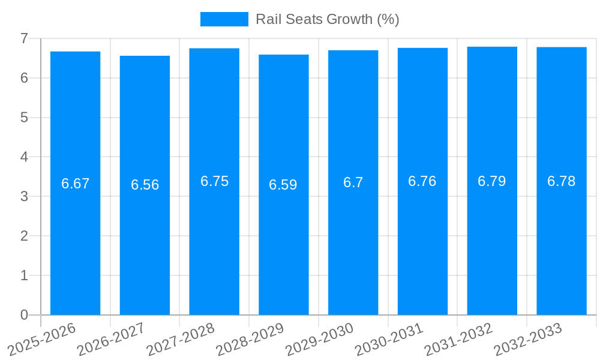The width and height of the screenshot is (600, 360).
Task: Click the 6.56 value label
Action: point(145,185)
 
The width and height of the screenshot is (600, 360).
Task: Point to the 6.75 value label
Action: point(214,181)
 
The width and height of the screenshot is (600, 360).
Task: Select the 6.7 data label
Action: point(353,182)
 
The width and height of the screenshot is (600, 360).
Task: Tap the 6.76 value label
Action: point(422,181)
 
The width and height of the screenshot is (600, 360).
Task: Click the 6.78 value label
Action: point(562,181)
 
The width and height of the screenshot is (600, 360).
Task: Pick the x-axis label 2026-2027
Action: point(111,340)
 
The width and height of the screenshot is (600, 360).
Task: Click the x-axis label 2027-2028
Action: point(181,340)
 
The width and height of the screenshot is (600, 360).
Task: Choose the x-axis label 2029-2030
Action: point(320,340)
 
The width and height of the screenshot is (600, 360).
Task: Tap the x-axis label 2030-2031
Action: point(389,340)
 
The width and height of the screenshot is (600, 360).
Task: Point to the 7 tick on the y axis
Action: point(24,38)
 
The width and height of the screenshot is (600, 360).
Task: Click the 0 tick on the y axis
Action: point(24,315)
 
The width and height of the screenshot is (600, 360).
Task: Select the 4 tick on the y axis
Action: point(24,157)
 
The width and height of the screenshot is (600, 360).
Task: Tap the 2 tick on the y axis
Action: point(24,236)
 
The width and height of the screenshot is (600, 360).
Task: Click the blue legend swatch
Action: point(224,19)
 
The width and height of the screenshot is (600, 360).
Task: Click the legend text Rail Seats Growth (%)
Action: point(328,19)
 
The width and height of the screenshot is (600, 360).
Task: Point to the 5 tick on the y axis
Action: point(24,118)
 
